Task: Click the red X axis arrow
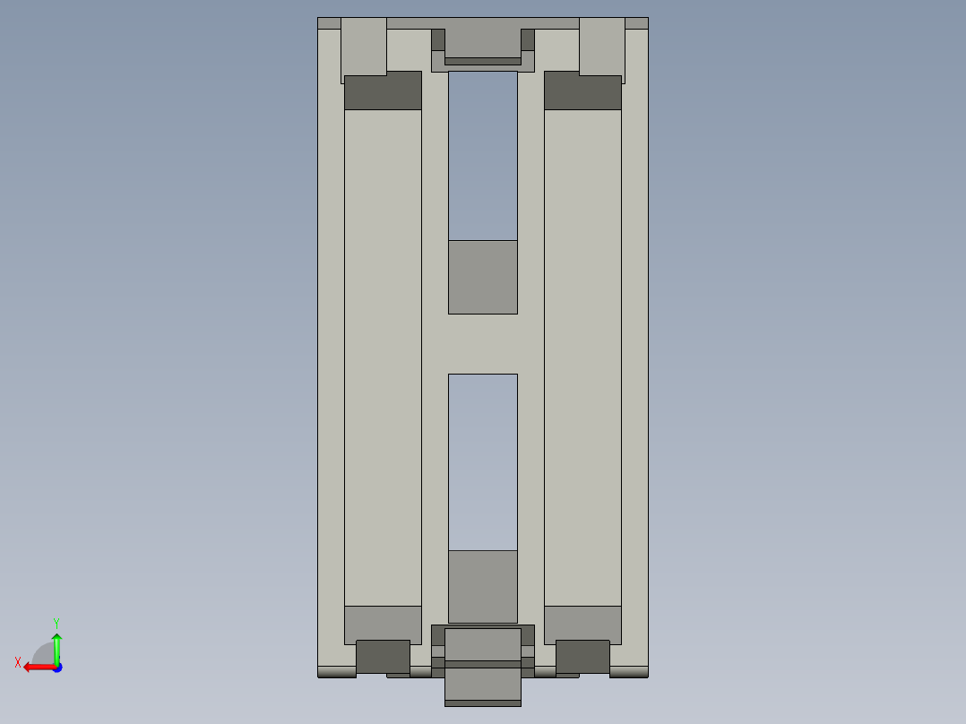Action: pyautogui.click(x=36, y=666)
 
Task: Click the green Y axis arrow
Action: pyautogui.click(x=56, y=646)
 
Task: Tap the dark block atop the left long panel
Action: pyautogui.click(x=383, y=91)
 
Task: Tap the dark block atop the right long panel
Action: pyautogui.click(x=582, y=91)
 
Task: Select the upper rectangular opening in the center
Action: pyautogui.click(x=482, y=155)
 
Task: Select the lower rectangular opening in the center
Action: pyautogui.click(x=482, y=461)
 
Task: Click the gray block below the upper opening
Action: pyautogui.click(x=482, y=277)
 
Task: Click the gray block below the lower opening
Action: pyautogui.click(x=482, y=586)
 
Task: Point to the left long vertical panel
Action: pyautogui.click(x=383, y=358)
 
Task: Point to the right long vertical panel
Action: pyautogui.click(x=582, y=358)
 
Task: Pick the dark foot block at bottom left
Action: pyautogui.click(x=383, y=657)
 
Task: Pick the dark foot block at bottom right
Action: pyautogui.click(x=582, y=657)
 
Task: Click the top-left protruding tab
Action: pyautogui.click(x=364, y=47)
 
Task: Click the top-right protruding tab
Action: pyautogui.click(x=601, y=47)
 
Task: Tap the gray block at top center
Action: pyautogui.click(x=482, y=40)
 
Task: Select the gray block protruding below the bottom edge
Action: pyautogui.click(x=482, y=685)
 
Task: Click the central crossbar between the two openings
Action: pyautogui.click(x=482, y=343)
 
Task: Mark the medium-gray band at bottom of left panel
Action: pyautogui.click(x=383, y=625)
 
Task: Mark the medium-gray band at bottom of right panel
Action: pyautogui.click(x=582, y=625)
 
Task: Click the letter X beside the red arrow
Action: pyautogui.click(x=18, y=662)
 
